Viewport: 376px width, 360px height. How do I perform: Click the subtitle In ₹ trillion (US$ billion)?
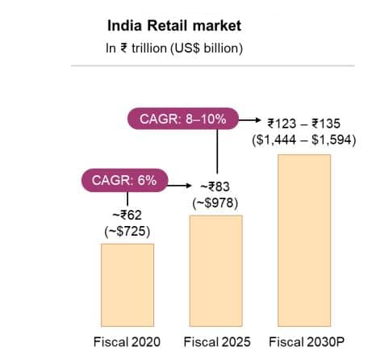pyautogui.click(x=174, y=48)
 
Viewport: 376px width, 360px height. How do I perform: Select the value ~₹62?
pyautogui.click(x=127, y=214)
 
